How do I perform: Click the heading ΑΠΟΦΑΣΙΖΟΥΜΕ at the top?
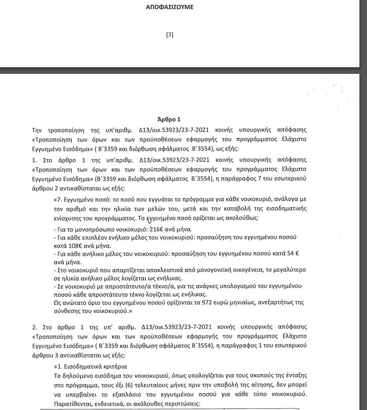183,7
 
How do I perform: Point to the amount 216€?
157,229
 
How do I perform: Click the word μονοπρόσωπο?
96,229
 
